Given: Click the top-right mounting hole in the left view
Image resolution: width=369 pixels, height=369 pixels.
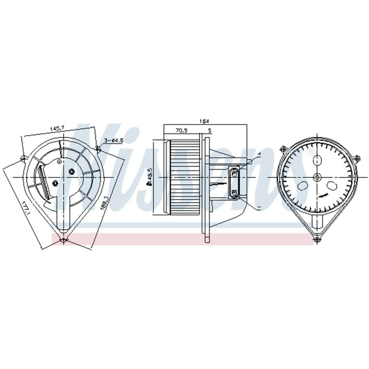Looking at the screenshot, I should [x=98, y=149].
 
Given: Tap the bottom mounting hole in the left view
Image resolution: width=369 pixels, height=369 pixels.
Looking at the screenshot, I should [x=64, y=240].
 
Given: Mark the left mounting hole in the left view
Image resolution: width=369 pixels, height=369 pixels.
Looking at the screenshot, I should [x=23, y=160].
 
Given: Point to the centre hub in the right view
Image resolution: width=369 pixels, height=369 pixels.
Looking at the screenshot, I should [x=317, y=177].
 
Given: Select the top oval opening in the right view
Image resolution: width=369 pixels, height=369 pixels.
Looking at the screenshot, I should [x=317, y=161].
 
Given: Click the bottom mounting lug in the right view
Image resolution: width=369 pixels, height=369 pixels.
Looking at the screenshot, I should [x=316, y=238].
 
